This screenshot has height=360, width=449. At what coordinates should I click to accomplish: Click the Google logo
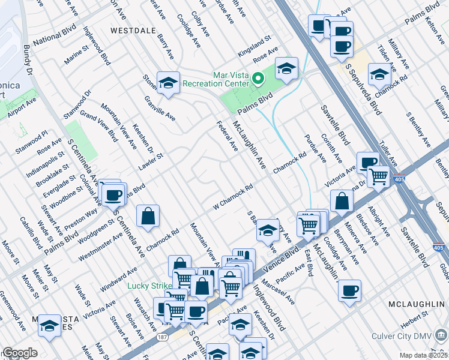20,353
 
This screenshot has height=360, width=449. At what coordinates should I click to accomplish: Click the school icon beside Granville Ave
168,83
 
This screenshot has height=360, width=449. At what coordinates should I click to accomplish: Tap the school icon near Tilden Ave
379,75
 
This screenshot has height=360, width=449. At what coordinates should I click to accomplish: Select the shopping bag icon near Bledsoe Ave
342,202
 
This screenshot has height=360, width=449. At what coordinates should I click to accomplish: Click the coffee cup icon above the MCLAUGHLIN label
349,292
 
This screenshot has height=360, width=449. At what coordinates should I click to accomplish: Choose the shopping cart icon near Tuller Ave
379,176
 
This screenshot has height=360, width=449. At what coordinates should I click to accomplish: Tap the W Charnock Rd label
232,197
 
